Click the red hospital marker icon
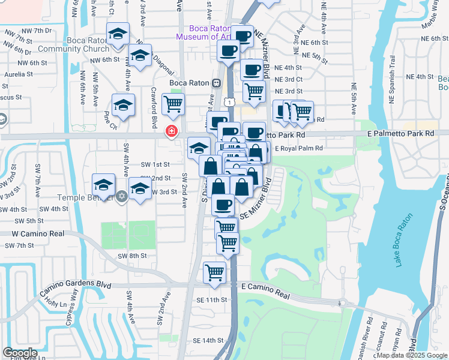click(172, 131)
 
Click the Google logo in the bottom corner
click(20, 353)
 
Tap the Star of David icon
click(121, 196)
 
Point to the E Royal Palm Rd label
click(299, 148)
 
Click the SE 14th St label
click(208, 340)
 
